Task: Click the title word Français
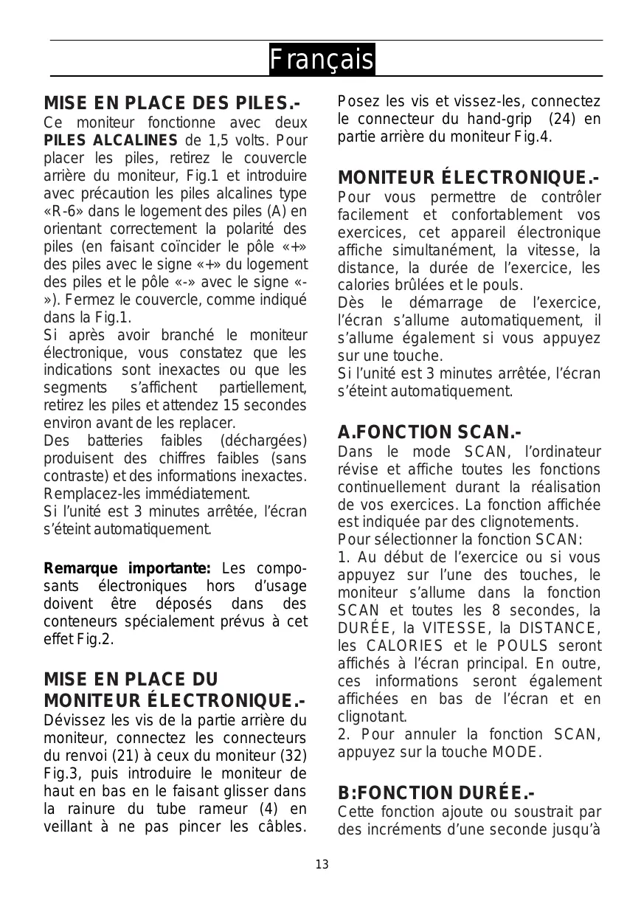point(321,59)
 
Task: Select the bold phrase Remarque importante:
point(128,569)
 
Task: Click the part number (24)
point(564,119)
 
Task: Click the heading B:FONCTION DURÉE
point(436,793)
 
